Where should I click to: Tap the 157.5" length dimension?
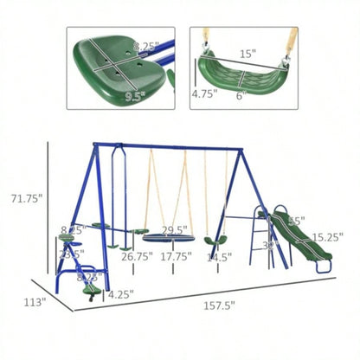pos(219,305)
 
